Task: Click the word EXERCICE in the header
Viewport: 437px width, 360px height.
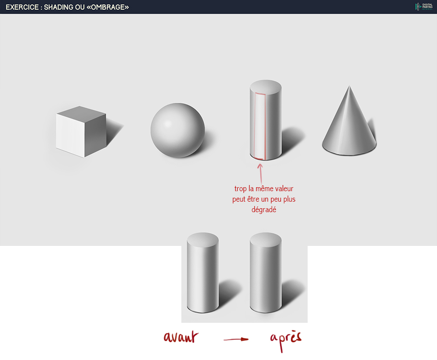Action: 22,7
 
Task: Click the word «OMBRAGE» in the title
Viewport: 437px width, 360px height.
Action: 108,7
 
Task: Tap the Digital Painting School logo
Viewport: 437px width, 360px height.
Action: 423,7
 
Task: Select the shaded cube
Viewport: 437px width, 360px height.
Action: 81,132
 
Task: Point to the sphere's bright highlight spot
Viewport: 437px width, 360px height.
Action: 168,124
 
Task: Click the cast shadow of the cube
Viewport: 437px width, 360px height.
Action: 114,130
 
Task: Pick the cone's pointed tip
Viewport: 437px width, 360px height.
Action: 349,86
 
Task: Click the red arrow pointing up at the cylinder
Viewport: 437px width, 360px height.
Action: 260,173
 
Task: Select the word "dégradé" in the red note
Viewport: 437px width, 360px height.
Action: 264,209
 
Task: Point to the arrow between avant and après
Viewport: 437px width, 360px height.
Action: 236,339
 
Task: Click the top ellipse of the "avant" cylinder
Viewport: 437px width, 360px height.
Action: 203,239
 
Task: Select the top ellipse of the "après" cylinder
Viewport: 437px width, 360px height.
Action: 266,239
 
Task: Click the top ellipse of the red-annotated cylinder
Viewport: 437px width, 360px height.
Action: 266,87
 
